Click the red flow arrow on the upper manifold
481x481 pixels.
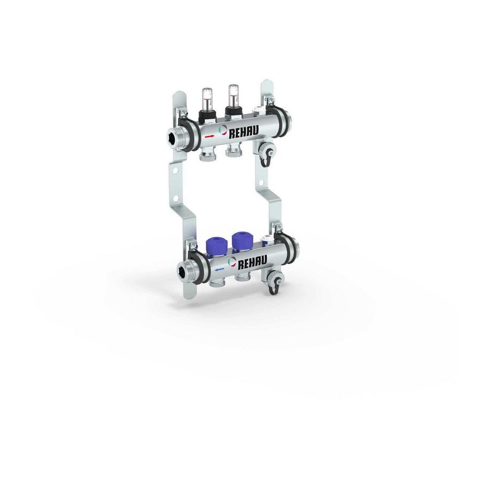pyautogui.click(x=209, y=136)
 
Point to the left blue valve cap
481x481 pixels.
pyautogui.click(x=215, y=243)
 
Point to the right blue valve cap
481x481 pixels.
pyautogui.click(x=241, y=240)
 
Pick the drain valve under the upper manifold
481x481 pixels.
pyautogui.click(x=267, y=150)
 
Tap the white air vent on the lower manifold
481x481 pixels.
pyautogui.click(x=267, y=242)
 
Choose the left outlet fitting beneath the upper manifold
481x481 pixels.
pyautogui.click(x=205, y=156)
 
